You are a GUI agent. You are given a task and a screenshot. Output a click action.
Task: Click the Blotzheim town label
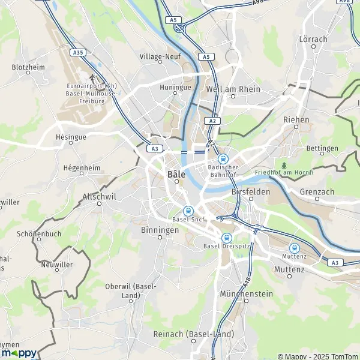tap(28, 67)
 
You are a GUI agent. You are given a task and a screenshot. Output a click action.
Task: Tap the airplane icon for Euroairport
tap(92, 77)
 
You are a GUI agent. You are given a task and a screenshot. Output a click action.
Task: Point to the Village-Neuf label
tap(160, 57)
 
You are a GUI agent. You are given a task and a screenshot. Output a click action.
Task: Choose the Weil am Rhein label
tap(233, 89)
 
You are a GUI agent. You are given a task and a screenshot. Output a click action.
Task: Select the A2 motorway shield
tap(212, 121)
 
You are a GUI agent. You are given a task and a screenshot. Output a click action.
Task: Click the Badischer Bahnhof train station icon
tap(223, 159)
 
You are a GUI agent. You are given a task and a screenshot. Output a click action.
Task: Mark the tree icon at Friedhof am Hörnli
tap(284, 164)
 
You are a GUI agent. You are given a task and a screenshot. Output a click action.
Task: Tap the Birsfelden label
tap(251, 192)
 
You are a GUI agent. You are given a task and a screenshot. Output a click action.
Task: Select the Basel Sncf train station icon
tap(188, 211)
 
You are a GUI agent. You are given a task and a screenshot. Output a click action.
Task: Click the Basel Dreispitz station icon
tap(226, 238)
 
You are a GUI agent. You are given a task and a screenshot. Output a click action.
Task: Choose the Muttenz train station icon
tap(294, 248)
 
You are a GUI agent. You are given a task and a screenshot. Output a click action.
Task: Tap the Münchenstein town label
tap(247, 294)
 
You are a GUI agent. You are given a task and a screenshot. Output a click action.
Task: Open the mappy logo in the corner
tap(19, 352)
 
